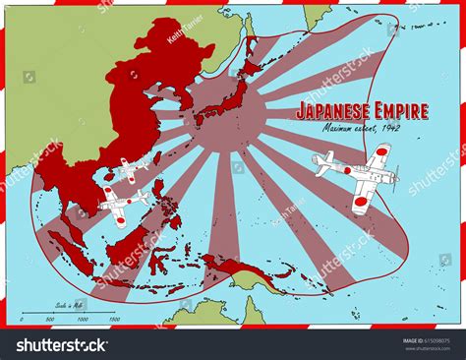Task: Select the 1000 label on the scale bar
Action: tap(84, 319)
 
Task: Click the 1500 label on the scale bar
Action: tap(114, 319)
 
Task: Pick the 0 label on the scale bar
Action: tap(22, 319)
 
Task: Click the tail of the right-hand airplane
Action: tap(323, 162)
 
